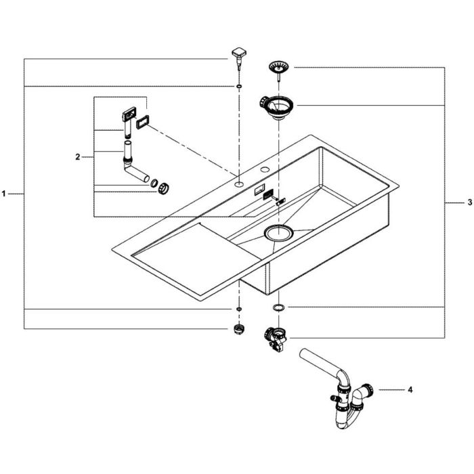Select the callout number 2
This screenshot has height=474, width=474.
[x=78, y=157]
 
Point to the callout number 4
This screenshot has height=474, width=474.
[x=410, y=390]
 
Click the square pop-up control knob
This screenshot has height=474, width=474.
[x=239, y=53]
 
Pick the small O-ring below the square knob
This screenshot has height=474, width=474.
[x=240, y=87]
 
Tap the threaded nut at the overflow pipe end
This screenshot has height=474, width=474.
[x=164, y=188]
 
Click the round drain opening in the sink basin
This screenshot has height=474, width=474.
[x=278, y=234]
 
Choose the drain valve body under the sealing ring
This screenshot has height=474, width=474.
[x=276, y=337]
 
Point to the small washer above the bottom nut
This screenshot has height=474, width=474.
[x=239, y=309]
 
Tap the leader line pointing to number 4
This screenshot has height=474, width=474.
[x=391, y=390]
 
